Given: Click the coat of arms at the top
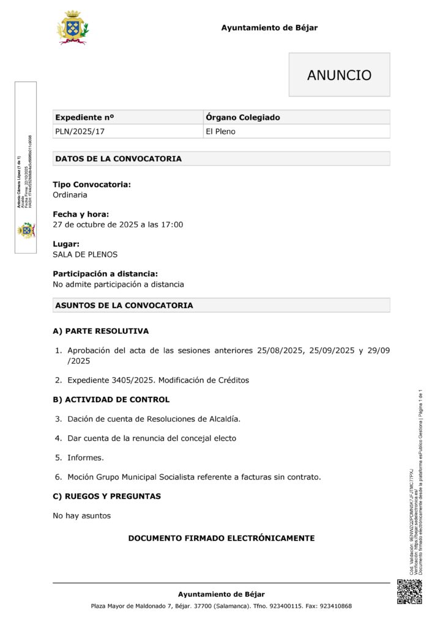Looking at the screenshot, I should tap(72, 28).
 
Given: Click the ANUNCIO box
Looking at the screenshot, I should tap(339, 75).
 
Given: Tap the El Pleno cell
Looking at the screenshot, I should tap(220, 131).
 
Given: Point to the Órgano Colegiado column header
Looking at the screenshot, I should tap(243, 117).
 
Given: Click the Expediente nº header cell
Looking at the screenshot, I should tap(84, 117).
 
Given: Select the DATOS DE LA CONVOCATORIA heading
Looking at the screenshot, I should tap(118, 159).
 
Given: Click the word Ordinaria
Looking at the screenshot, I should tap(70, 195).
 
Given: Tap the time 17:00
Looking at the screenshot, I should tap(172, 224).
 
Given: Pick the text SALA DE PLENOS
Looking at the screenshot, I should tap(85, 254).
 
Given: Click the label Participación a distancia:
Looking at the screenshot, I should tap(105, 274).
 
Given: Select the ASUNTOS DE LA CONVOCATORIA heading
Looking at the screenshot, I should tap(124, 305).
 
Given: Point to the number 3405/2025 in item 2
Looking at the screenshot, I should tap(133, 380).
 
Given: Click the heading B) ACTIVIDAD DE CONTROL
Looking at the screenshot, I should tap(111, 399).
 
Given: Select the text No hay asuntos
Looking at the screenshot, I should tap(81, 515).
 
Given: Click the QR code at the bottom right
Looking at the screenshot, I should tap(409, 591).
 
